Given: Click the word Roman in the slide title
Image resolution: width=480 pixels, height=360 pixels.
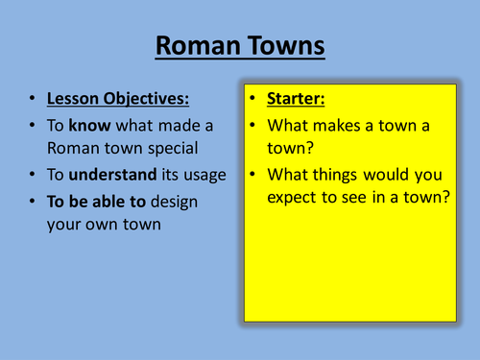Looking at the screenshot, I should pos(196,45).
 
